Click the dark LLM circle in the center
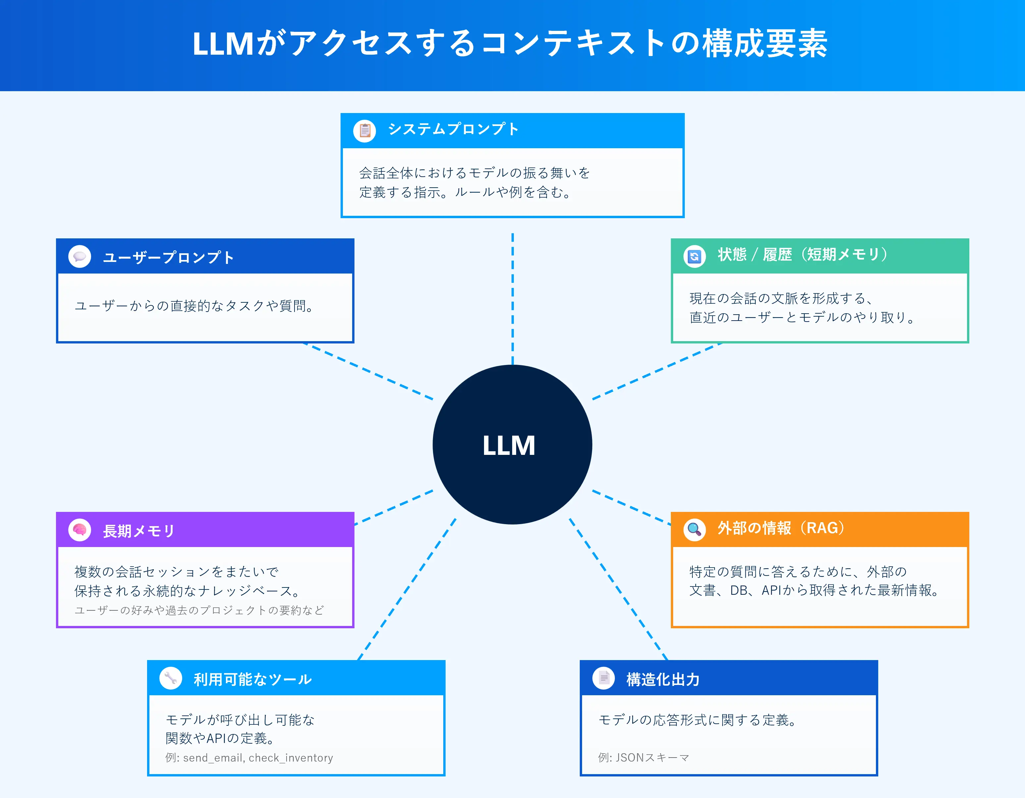(x=512, y=444)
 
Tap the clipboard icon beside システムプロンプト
(x=365, y=131)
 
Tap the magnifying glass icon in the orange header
(x=694, y=530)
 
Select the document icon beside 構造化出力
(x=604, y=678)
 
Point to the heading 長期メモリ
(x=139, y=531)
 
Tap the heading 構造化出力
(x=663, y=679)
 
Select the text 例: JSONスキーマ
(x=643, y=758)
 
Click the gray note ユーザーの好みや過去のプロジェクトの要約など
(x=199, y=610)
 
